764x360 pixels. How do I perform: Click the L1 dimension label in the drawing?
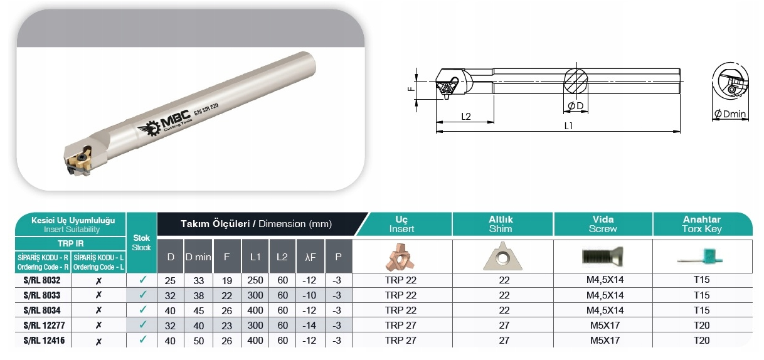[568, 126]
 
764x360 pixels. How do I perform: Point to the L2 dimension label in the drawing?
[465, 117]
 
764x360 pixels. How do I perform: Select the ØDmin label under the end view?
[730, 114]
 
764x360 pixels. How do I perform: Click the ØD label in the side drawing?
[575, 106]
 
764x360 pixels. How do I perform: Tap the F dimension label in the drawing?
[411, 89]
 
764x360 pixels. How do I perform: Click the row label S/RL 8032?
[42, 280]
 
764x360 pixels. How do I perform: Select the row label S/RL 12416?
[44, 340]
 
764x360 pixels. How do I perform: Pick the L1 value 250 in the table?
[255, 280]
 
